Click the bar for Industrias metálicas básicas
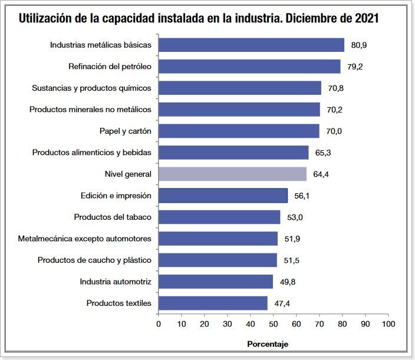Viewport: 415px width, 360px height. (x=251, y=45)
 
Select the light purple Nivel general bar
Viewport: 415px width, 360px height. (x=232, y=174)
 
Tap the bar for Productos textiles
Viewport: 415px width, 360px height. (x=213, y=303)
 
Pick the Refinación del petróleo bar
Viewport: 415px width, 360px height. (x=249, y=67)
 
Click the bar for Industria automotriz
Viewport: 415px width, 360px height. (x=216, y=282)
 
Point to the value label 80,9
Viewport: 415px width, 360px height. (x=359, y=45)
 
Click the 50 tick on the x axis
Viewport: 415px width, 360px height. (x=274, y=324)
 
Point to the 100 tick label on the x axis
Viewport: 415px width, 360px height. (x=388, y=324)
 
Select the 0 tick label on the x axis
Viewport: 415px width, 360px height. (x=159, y=324)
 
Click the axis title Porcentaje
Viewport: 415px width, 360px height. (x=267, y=344)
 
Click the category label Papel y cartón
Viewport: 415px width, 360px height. (x=125, y=131)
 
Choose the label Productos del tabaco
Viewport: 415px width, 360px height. (x=113, y=217)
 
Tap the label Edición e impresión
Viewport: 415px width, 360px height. (x=116, y=196)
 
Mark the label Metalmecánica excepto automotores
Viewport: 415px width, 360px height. (x=85, y=239)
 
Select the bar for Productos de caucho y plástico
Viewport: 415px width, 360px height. (x=218, y=260)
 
